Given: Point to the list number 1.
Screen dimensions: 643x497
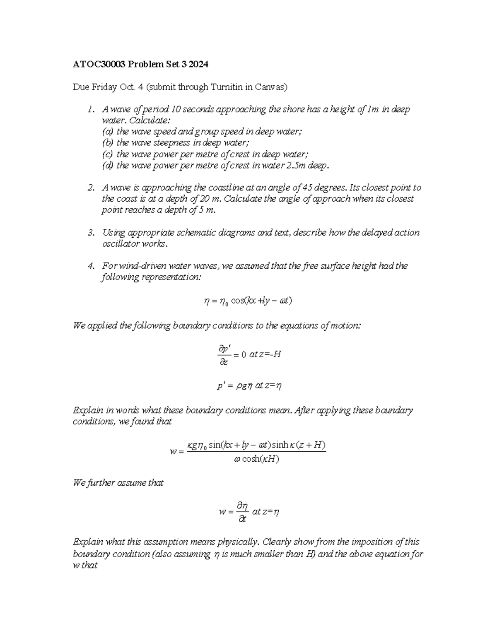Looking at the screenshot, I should coord(90,110).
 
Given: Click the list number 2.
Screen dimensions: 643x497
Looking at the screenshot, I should coord(90,188).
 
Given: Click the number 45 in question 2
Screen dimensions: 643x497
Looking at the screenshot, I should coord(308,188).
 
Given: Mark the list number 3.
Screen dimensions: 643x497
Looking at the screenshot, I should coord(90,233).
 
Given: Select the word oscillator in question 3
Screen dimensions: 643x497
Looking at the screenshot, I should coord(121,244).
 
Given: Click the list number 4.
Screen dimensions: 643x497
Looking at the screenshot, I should coord(90,266).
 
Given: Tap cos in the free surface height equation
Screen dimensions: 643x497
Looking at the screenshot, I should coord(237,301).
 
